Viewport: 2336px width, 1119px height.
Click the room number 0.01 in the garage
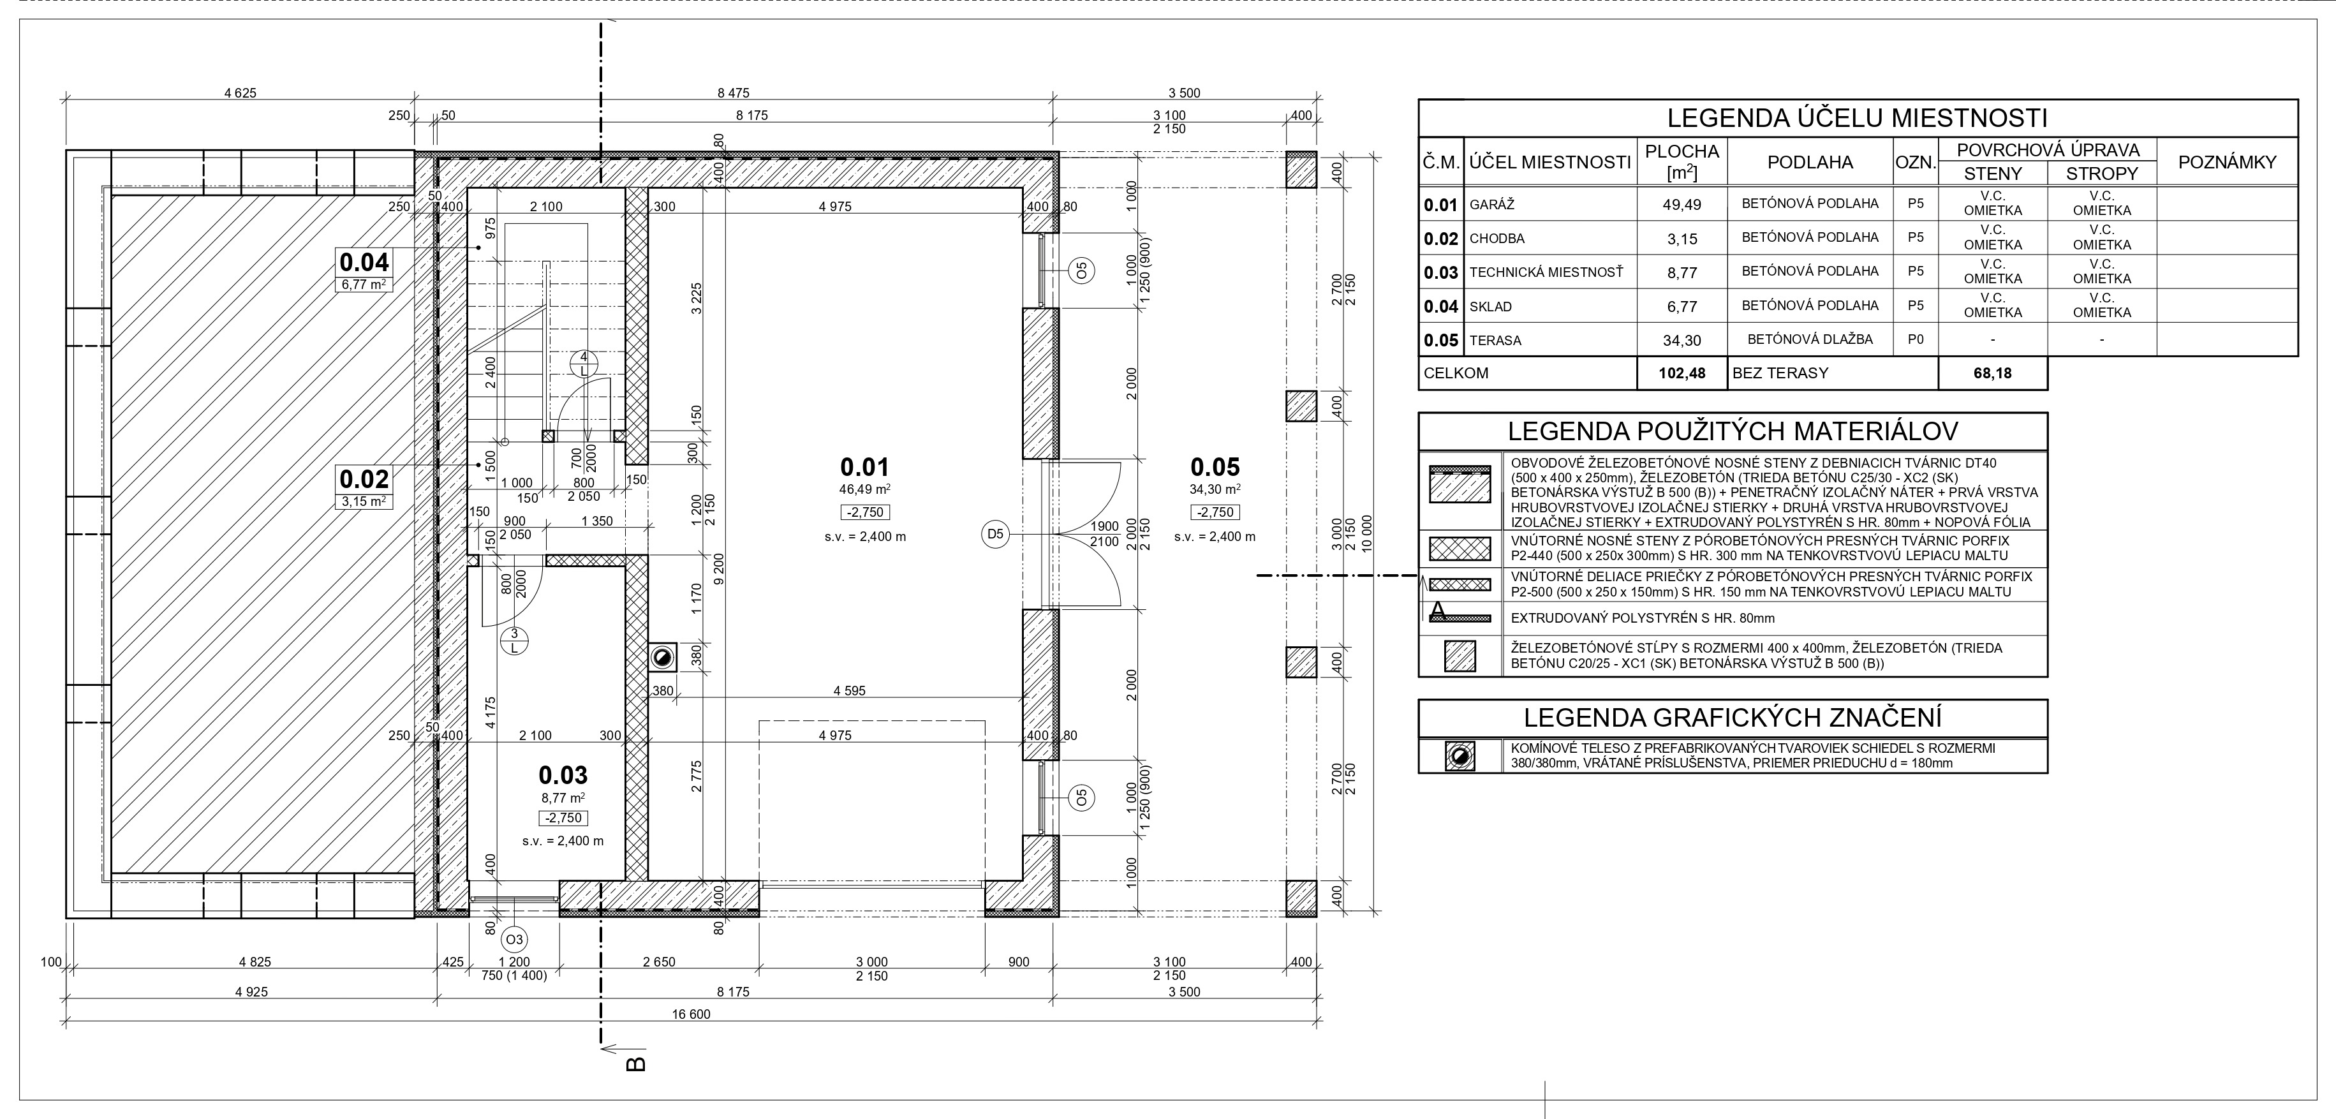864,467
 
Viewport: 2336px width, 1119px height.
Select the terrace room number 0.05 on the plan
1215,467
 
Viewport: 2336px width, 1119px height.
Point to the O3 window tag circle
515,938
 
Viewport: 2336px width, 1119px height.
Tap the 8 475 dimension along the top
733,93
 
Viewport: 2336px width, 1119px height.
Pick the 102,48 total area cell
1682,373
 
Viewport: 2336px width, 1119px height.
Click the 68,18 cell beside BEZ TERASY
1992,373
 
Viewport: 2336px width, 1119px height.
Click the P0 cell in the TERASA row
1915,339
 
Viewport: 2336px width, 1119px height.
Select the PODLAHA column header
1810,162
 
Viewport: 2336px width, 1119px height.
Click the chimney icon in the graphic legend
1460,756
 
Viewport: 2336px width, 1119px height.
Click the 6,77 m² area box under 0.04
364,285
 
